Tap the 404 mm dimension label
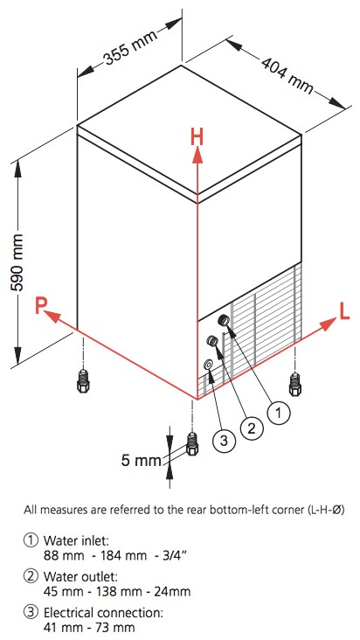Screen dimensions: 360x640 287,76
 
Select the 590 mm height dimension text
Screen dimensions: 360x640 18,262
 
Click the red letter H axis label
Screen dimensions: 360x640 197,138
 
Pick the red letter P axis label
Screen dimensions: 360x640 40,305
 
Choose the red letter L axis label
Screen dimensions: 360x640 344,312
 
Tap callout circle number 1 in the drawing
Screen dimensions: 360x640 279,413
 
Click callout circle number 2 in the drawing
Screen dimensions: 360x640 251,428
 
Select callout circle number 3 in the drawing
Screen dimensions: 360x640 224,440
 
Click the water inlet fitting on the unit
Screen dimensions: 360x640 224,320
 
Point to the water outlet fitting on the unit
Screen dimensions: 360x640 212,340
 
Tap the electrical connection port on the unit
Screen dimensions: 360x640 208,364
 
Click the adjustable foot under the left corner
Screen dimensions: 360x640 83,380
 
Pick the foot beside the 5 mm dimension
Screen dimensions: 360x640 191,443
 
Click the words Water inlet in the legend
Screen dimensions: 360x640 76,541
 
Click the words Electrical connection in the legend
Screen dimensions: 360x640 104,613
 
